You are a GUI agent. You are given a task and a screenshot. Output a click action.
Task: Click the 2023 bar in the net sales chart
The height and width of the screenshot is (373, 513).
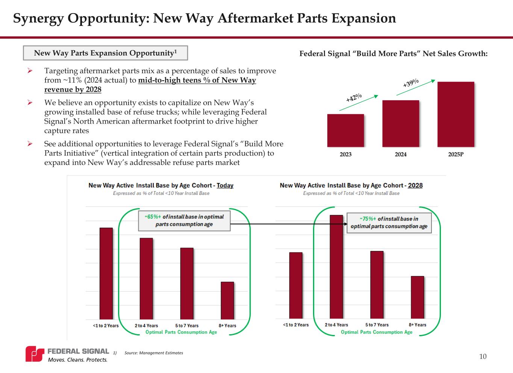coord(345,130)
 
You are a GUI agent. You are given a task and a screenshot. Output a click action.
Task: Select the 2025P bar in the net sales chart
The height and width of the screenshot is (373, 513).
coord(455,114)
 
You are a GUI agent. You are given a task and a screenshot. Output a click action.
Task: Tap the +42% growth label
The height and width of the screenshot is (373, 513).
coord(354,98)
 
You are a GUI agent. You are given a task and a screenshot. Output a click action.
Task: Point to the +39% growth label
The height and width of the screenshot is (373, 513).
coord(411,83)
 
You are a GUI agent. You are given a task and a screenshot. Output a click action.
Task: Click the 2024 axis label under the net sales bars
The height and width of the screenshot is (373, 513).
coord(401,154)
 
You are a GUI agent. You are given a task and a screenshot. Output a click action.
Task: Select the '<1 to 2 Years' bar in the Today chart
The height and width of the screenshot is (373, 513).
coord(106,273)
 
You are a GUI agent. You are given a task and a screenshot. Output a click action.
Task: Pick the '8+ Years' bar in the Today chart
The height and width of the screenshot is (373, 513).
coord(227,301)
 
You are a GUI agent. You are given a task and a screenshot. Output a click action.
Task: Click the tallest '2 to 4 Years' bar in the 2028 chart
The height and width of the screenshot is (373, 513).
coord(336,267)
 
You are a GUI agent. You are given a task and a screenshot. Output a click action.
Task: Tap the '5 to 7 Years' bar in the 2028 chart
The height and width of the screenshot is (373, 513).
coord(377,285)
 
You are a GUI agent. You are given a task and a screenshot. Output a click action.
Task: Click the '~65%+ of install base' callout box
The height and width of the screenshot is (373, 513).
coord(184,220)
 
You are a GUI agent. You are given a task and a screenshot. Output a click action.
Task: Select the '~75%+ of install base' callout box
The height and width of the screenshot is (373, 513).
coord(389,223)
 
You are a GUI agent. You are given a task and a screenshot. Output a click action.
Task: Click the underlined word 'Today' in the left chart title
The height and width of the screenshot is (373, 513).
coord(225,186)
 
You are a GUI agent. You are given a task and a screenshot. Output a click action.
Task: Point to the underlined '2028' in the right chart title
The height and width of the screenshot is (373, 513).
coord(415,186)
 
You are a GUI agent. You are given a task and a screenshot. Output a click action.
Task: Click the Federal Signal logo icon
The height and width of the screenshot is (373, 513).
coord(35,354)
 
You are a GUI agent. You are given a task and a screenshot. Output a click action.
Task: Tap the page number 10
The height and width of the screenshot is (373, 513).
coord(483,356)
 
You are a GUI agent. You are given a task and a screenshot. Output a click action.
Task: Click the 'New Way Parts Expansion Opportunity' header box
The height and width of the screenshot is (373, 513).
coord(105,53)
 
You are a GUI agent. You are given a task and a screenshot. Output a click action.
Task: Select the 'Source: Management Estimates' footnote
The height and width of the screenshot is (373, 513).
coord(153,353)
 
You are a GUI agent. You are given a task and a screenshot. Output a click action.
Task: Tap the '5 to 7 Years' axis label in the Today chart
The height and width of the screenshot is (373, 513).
coord(187,326)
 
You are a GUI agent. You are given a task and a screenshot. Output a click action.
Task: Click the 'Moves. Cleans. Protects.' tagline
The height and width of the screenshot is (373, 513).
coord(77,360)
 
